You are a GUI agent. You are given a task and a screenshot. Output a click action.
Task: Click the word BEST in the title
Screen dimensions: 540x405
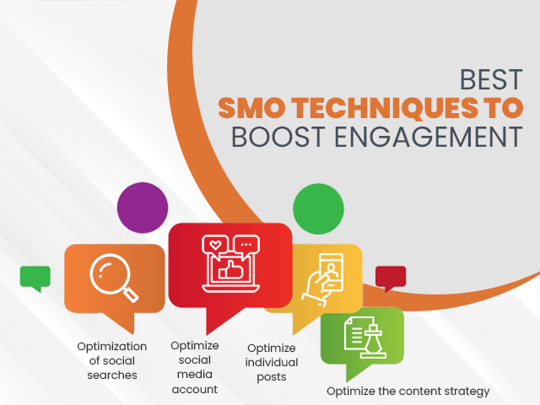(491, 79)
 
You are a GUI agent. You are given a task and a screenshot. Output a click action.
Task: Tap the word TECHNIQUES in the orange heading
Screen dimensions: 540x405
(385, 108)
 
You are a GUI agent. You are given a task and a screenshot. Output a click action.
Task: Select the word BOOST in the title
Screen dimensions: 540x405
(278, 137)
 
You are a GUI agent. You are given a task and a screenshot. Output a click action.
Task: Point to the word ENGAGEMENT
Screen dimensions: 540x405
(429, 137)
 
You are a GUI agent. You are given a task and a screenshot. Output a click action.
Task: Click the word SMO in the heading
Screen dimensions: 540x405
(251, 108)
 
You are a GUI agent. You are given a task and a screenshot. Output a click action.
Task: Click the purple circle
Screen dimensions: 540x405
(143, 208)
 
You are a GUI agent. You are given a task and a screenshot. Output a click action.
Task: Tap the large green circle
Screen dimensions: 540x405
(318, 209)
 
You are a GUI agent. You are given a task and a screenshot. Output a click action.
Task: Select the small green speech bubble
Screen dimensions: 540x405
(35, 278)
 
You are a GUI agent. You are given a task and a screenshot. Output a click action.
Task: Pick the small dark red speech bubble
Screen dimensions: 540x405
(391, 278)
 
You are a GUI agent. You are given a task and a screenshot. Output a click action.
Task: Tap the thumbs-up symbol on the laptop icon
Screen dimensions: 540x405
(231, 270)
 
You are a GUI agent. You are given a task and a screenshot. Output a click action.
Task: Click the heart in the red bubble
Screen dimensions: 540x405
(216, 245)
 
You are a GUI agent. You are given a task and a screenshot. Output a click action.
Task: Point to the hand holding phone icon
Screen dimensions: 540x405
(322, 279)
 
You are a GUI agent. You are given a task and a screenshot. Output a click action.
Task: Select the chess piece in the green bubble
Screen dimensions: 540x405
(373, 341)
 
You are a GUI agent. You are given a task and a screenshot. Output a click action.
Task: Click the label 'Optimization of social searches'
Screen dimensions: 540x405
(112, 360)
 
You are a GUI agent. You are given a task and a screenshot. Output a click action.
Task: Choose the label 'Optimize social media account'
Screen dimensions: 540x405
(195, 368)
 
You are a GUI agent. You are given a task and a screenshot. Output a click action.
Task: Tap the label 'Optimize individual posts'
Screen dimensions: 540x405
(272, 362)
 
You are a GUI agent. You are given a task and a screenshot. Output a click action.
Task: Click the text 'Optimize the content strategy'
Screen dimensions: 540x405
(408, 391)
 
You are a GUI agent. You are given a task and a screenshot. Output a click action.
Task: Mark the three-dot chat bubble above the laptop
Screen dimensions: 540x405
(246, 246)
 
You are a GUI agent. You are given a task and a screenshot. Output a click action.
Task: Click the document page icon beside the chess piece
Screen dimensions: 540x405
(358, 332)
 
